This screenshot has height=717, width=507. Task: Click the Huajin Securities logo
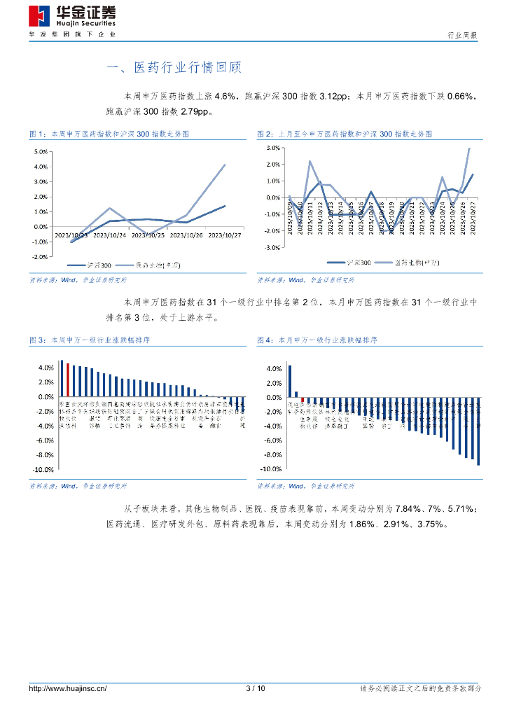coord(73,16)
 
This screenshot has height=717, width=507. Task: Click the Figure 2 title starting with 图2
coord(345,133)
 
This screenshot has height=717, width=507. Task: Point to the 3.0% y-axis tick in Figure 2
coord(273,148)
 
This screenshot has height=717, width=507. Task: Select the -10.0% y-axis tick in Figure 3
coord(43,470)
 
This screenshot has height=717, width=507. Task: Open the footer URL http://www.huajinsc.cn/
coord(67,689)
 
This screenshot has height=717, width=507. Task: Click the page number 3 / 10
coord(256,689)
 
